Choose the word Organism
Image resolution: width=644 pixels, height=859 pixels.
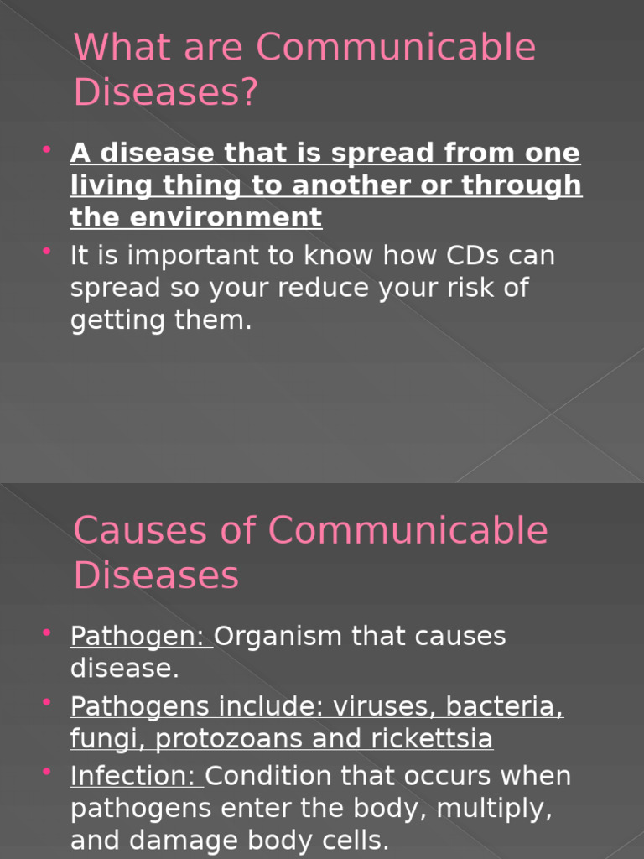[279, 637]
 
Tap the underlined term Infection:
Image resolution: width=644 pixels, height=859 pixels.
[136, 776]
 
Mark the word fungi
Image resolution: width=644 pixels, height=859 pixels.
[107, 740]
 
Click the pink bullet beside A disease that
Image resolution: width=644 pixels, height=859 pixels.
[47, 149]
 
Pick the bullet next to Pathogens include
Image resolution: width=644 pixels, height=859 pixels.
[47, 702]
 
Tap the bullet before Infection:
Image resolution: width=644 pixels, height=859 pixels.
[47, 772]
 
